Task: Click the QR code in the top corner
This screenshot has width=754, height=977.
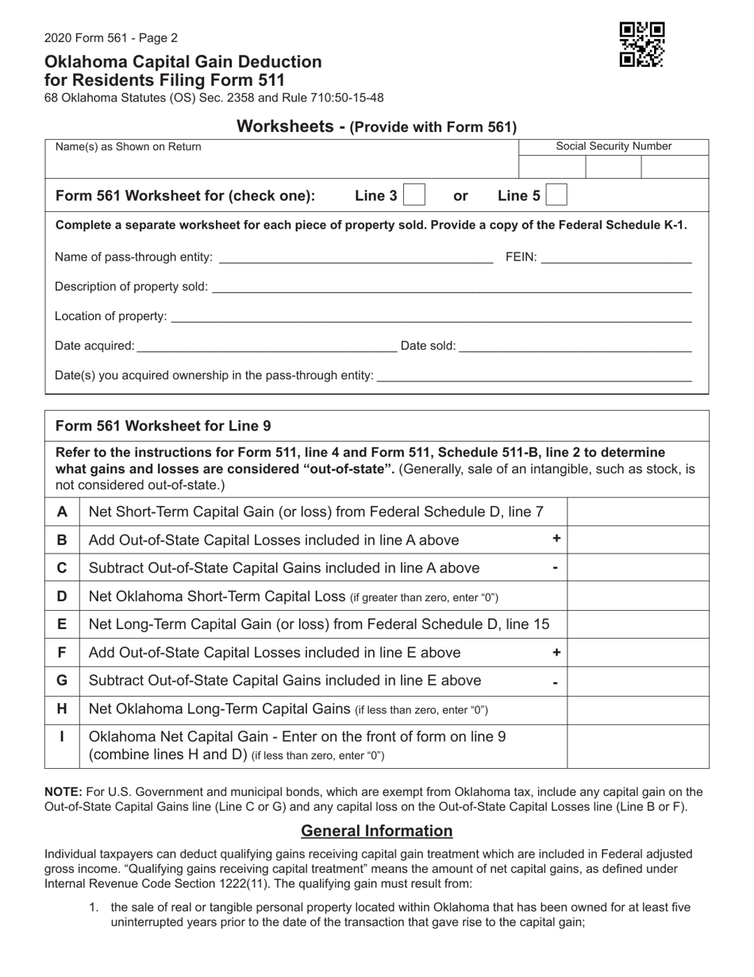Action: coord(641,44)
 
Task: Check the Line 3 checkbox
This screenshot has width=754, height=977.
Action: coord(414,195)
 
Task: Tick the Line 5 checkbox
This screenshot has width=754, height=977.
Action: coord(556,195)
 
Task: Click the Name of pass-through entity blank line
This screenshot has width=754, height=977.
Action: coord(355,257)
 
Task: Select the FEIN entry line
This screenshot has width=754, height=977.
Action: coord(616,257)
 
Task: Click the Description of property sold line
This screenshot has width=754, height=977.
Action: coord(451,287)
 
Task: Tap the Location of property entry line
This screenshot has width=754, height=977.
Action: coord(430,317)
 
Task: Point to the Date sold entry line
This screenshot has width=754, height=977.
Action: coord(575,346)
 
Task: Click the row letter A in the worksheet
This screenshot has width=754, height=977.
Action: coord(62,512)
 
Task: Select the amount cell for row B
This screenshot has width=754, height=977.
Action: coord(637,540)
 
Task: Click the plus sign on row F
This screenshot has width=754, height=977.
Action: coord(556,652)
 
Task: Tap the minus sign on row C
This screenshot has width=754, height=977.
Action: coord(556,569)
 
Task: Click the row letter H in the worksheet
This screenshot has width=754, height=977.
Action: coord(62,709)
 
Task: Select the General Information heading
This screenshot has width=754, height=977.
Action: coord(377,831)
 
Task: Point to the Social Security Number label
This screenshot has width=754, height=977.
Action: coord(614,146)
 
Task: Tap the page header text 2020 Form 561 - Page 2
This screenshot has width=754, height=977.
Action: coord(111,38)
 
